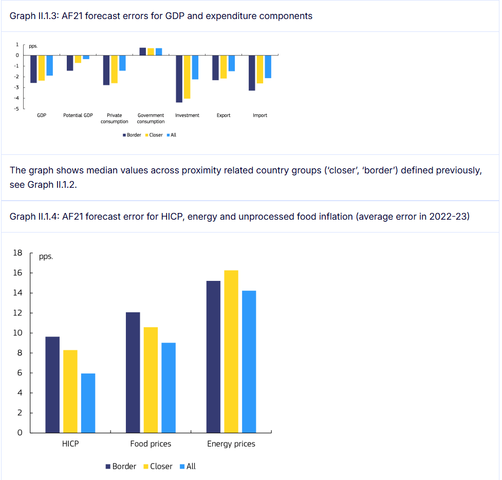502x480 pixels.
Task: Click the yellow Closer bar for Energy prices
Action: [231, 351]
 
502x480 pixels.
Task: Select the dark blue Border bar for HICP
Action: [52, 384]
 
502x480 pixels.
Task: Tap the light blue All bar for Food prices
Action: [169, 387]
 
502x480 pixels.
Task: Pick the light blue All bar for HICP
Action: [88, 403]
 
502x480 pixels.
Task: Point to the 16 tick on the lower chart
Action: [18, 273]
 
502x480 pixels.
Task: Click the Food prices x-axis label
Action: [151, 443]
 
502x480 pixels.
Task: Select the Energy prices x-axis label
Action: [231, 443]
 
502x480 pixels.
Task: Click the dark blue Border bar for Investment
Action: [179, 79]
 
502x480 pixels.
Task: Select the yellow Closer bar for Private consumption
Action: [115, 69]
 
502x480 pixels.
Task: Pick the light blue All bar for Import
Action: [268, 67]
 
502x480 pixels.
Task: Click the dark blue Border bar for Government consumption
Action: [142, 51]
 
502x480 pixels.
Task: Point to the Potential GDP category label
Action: [78, 115]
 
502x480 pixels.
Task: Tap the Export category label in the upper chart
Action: [224, 115]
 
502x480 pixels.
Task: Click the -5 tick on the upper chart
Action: [17, 109]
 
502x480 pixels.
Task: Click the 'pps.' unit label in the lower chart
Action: [46, 256]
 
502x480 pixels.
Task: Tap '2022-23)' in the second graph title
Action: [453, 217]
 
